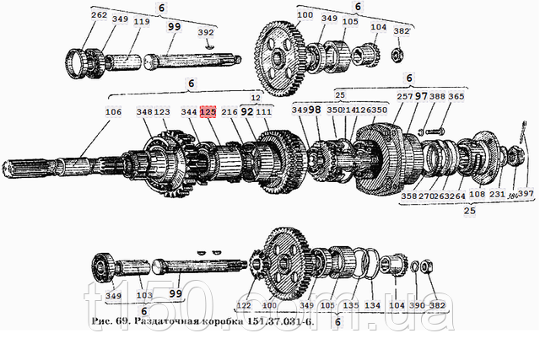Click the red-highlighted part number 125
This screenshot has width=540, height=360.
[x=208, y=110]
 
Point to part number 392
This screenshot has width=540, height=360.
[x=205, y=34]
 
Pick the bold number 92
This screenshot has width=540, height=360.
[x=246, y=110]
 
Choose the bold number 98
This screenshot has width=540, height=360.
[x=313, y=110]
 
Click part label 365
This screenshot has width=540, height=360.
[x=456, y=98]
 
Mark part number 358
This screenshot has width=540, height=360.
[x=409, y=196]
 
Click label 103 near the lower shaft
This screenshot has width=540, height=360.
[x=144, y=296]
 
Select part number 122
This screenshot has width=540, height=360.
[x=243, y=305]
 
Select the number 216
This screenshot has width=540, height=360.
[x=228, y=110]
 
